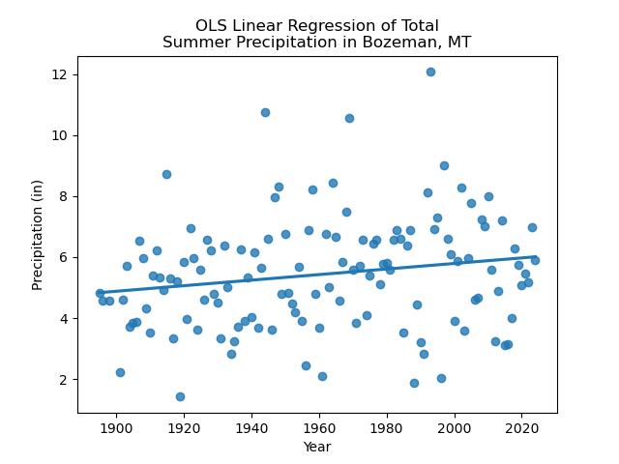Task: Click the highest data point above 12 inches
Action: click(430, 72)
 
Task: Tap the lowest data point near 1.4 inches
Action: click(180, 396)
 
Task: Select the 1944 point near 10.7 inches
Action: click(265, 112)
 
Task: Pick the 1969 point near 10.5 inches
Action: click(349, 118)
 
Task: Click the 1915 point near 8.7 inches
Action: click(166, 174)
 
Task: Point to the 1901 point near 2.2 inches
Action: click(120, 372)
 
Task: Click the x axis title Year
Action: click(317, 447)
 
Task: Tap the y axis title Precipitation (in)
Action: click(38, 235)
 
